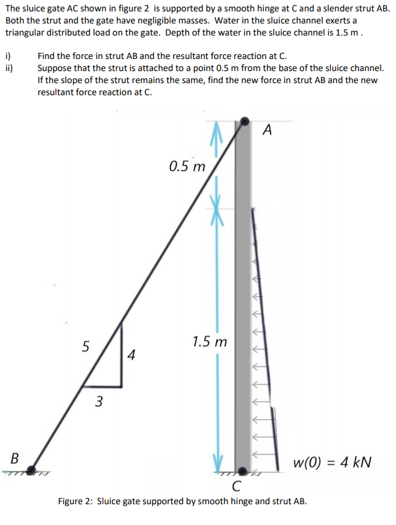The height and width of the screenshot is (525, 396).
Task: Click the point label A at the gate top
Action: (x=267, y=130)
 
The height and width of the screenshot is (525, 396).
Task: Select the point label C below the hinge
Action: (x=236, y=487)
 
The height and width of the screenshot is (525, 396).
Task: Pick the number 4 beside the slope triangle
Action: (x=132, y=355)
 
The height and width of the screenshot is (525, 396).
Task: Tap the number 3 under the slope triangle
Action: (x=99, y=402)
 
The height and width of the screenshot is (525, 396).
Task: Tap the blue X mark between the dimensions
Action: (x=217, y=201)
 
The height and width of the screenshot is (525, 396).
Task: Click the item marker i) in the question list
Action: (x=8, y=58)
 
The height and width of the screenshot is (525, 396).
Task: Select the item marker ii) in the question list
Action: (x=9, y=68)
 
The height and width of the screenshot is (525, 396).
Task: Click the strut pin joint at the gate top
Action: (x=242, y=123)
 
